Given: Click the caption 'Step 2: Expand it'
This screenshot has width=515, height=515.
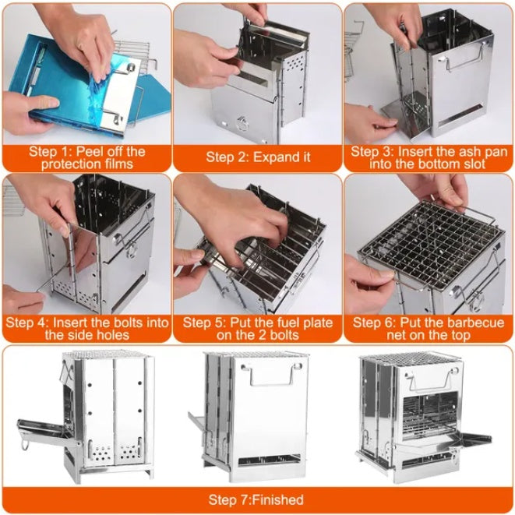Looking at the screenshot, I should tap(258, 157).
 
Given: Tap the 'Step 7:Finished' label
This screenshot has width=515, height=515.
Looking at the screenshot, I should tap(256, 499).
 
